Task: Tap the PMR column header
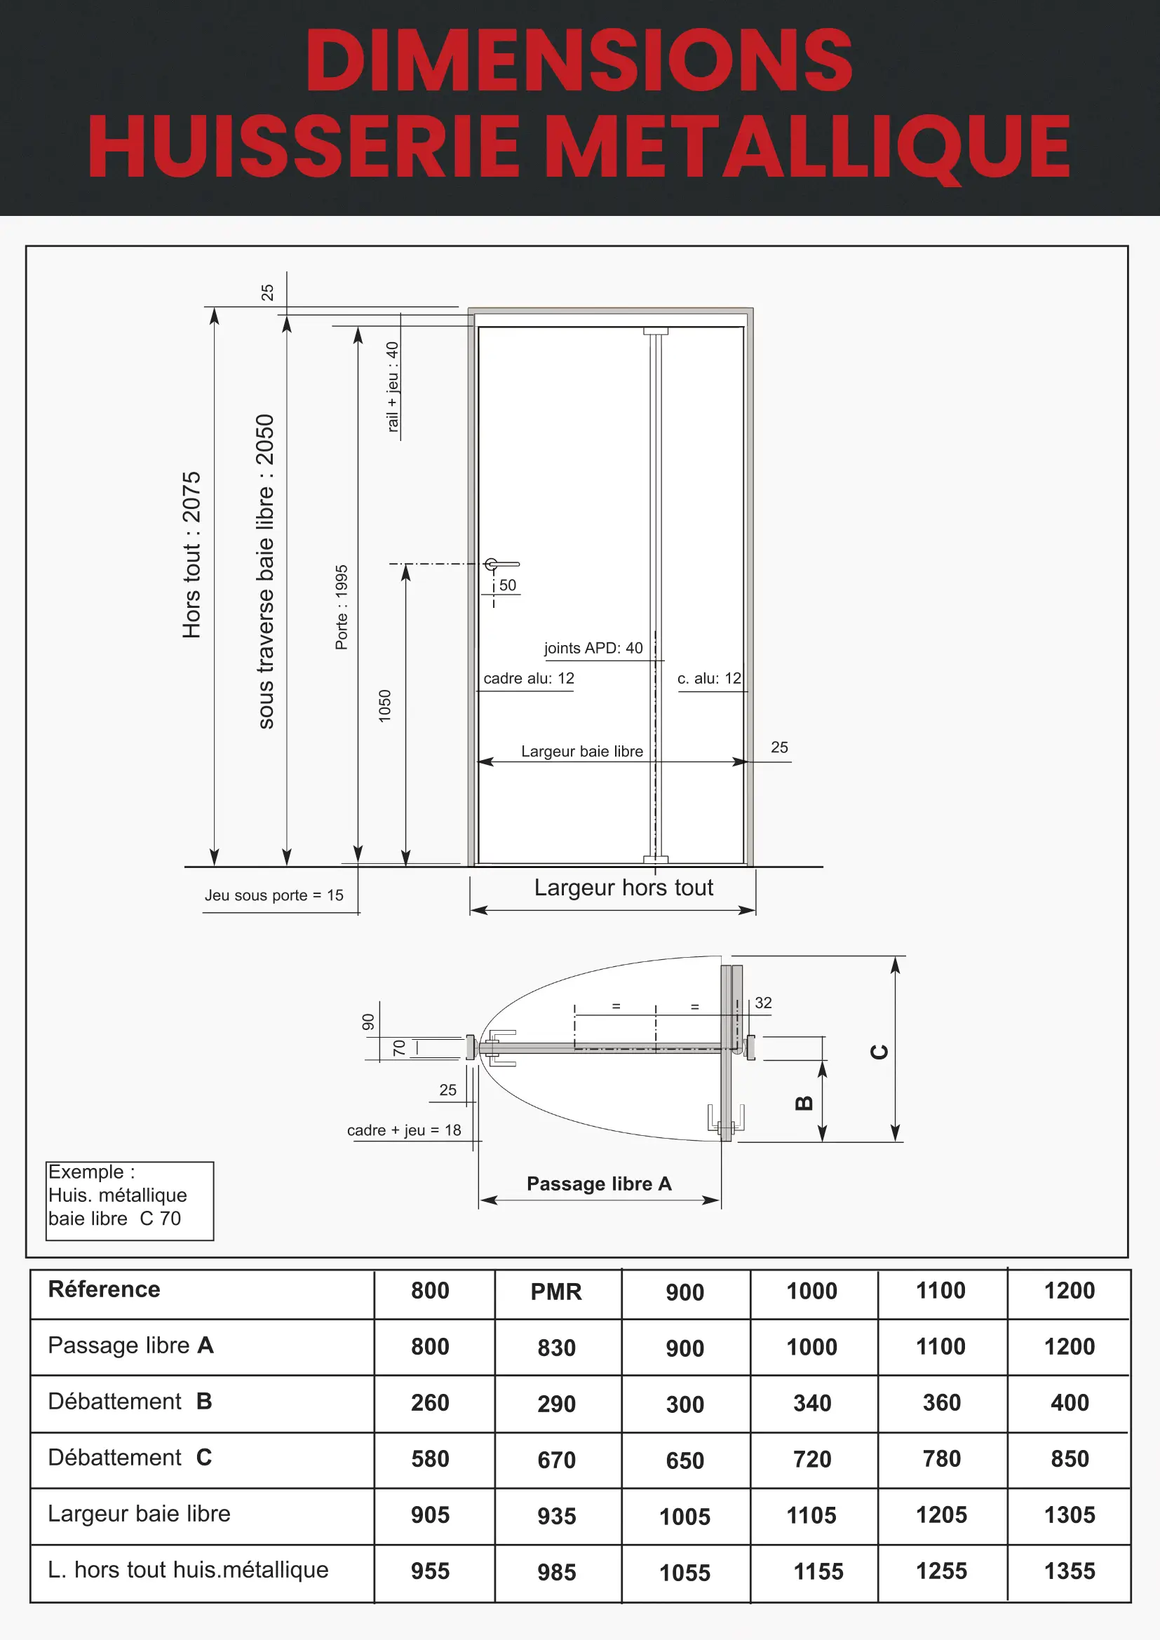(x=555, y=1292)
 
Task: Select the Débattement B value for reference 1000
(x=812, y=1403)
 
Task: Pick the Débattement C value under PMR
(x=556, y=1460)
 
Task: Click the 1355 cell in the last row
(x=1070, y=1571)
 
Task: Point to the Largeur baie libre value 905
(x=430, y=1515)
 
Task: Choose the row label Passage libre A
(x=130, y=1346)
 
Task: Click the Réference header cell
(x=104, y=1289)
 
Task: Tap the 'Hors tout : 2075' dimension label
(x=191, y=555)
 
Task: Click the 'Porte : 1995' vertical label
(x=342, y=607)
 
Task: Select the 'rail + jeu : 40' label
(x=392, y=386)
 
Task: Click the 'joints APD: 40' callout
(x=593, y=648)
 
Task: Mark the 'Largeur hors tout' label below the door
(x=623, y=887)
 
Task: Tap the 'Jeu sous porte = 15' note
(x=274, y=895)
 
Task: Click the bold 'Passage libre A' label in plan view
(x=598, y=1184)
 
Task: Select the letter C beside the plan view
(x=879, y=1052)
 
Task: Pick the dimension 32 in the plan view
(x=763, y=1003)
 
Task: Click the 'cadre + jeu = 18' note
(x=403, y=1130)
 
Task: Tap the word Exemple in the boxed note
(x=86, y=1172)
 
